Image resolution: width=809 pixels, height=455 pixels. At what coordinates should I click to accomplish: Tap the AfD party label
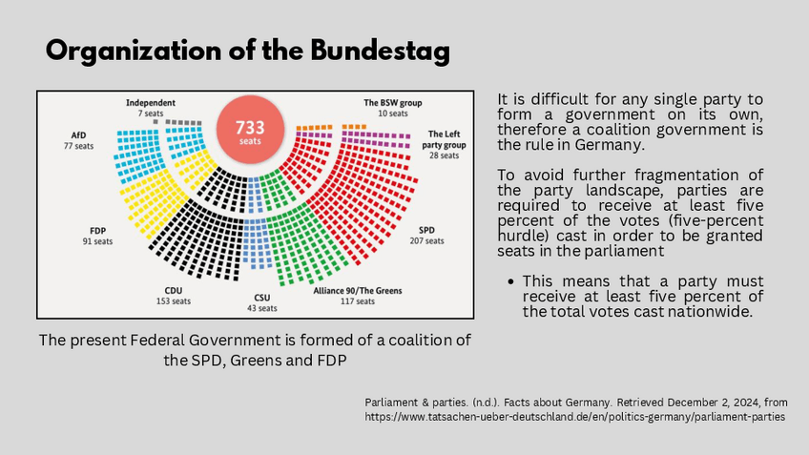point(78,135)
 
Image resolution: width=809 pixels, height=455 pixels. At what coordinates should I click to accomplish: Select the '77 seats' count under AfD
point(78,146)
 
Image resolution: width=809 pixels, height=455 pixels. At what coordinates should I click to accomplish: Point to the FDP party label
point(97,230)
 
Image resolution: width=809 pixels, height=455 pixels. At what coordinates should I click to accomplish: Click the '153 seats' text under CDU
point(173,301)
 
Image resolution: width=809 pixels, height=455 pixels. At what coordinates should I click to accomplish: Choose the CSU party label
point(262,298)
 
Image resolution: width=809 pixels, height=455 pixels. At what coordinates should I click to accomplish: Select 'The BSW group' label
point(392,102)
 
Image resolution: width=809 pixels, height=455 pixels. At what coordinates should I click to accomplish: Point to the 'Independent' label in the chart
point(149,102)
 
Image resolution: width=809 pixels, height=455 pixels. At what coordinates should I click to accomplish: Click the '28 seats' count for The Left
point(445,155)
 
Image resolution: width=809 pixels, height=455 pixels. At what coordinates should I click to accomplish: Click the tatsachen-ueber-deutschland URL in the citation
point(575,418)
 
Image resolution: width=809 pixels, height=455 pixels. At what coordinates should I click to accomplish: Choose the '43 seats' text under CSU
point(262,308)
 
